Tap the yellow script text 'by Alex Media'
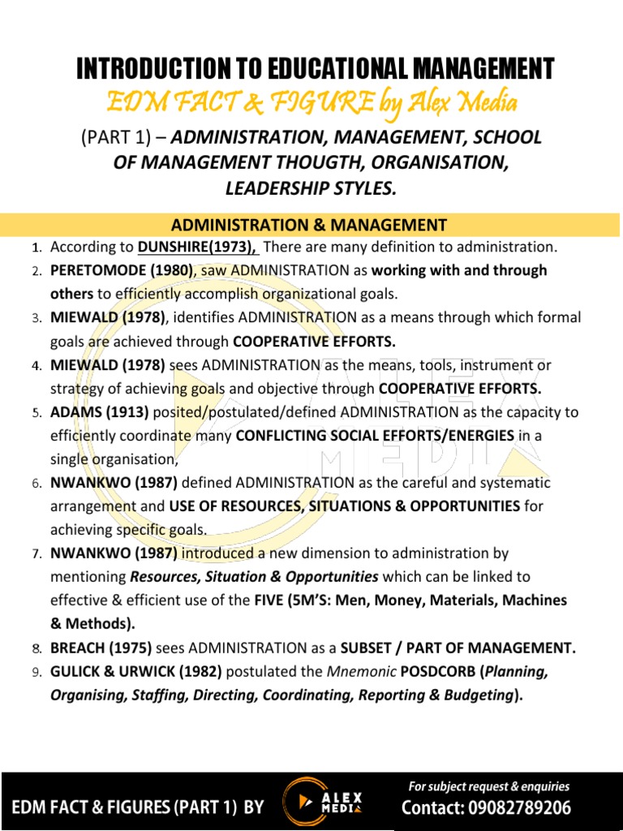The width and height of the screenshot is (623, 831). pyautogui.click(x=457, y=102)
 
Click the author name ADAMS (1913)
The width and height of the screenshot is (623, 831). pyautogui.click(x=92, y=412)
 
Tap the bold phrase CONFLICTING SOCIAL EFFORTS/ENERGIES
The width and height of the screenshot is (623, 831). pyautogui.click(x=375, y=436)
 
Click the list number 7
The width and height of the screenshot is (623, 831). pyautogui.click(x=37, y=554)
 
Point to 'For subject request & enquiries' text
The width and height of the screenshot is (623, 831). pyautogui.click(x=488, y=786)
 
